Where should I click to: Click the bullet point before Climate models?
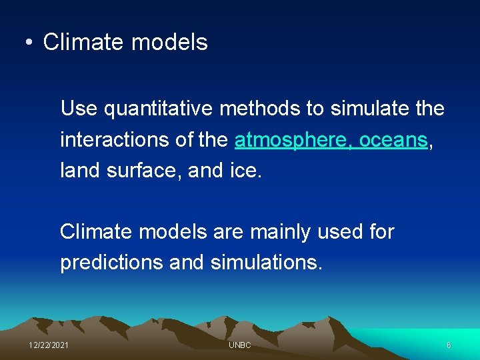coord(29,43)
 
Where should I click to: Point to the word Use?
coord(79,108)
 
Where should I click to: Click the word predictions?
coord(111,263)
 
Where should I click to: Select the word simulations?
coord(266,263)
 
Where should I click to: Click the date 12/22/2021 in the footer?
coord(48,345)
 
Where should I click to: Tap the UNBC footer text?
coord(239,345)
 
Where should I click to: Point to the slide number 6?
coord(449,345)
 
